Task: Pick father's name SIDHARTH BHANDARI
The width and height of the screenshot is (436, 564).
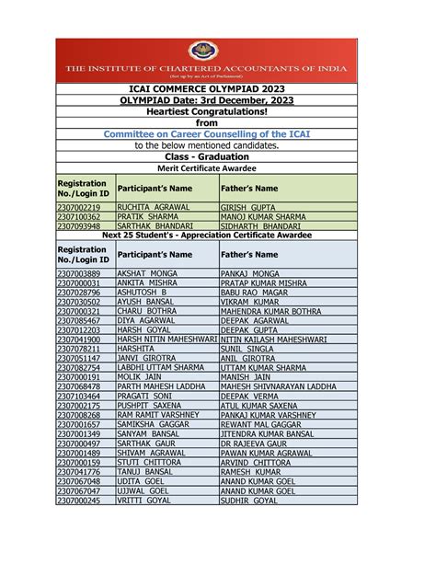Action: tap(261, 226)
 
